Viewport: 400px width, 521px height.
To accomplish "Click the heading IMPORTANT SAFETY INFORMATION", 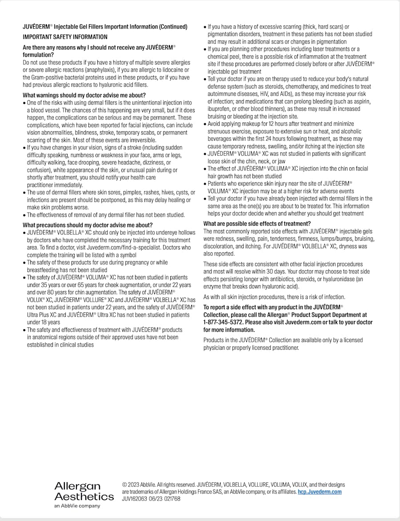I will click(65, 37).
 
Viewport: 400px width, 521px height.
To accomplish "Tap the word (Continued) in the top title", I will click(173, 27).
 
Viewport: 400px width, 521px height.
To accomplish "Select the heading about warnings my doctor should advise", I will click(84, 95).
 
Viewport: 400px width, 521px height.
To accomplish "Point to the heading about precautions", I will click(88, 225).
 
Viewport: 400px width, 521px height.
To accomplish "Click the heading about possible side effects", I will click(257, 223).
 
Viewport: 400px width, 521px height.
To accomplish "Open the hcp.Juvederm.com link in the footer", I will click(320, 492).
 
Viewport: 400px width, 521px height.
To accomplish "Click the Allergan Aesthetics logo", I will click(84, 491).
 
